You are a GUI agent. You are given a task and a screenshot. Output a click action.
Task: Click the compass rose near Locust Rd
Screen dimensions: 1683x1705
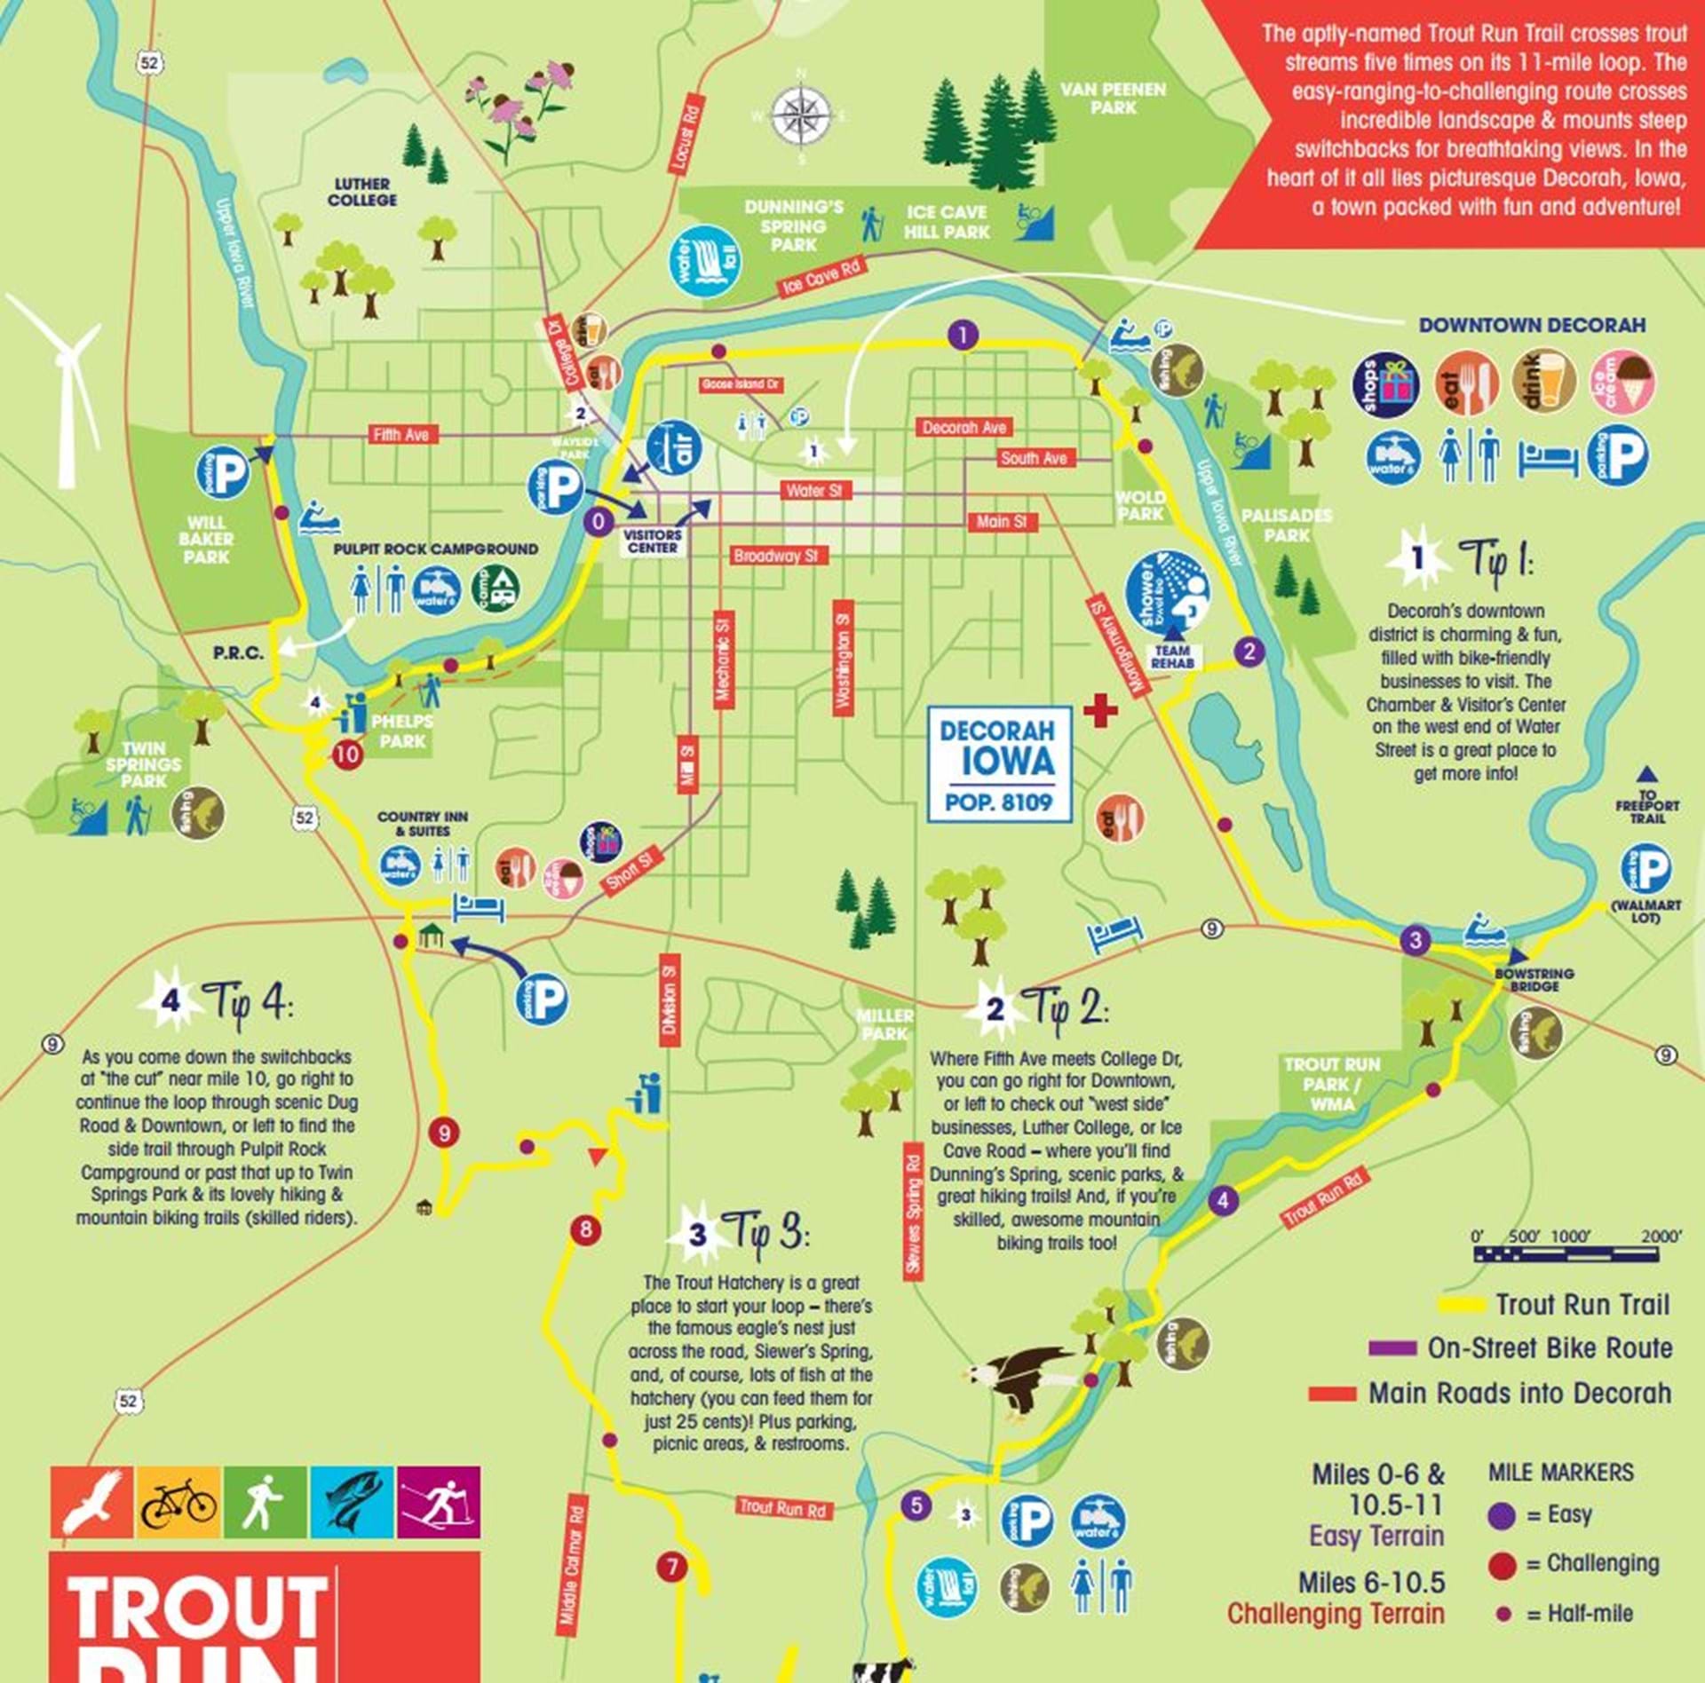click(801, 116)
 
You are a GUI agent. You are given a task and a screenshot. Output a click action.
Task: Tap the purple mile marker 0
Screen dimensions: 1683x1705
click(599, 521)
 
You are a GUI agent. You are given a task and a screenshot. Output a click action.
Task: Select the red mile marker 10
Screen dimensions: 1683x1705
click(348, 754)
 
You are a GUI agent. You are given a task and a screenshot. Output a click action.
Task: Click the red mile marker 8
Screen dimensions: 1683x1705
click(585, 1229)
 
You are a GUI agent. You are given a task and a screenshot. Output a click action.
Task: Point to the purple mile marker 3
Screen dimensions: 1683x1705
click(1416, 940)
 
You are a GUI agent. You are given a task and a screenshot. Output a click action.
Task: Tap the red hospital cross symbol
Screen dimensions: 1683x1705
click(1099, 711)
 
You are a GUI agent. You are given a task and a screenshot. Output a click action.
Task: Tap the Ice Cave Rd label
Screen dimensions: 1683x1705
click(821, 278)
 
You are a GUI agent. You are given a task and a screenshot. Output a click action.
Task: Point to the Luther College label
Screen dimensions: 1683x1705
click(362, 192)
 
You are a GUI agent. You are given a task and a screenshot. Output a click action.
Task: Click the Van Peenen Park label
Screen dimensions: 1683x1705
click(1113, 98)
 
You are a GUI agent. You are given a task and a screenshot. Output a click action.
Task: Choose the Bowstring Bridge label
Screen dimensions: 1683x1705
click(1534, 979)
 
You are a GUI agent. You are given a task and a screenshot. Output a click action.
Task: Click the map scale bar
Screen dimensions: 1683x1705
click(1566, 1254)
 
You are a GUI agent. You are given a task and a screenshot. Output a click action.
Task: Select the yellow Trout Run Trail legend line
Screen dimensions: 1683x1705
click(1461, 1305)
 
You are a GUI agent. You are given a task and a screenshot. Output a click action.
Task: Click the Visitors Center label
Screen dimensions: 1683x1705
click(653, 541)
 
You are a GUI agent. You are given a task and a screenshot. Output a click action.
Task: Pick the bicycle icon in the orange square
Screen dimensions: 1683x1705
click(178, 1503)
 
